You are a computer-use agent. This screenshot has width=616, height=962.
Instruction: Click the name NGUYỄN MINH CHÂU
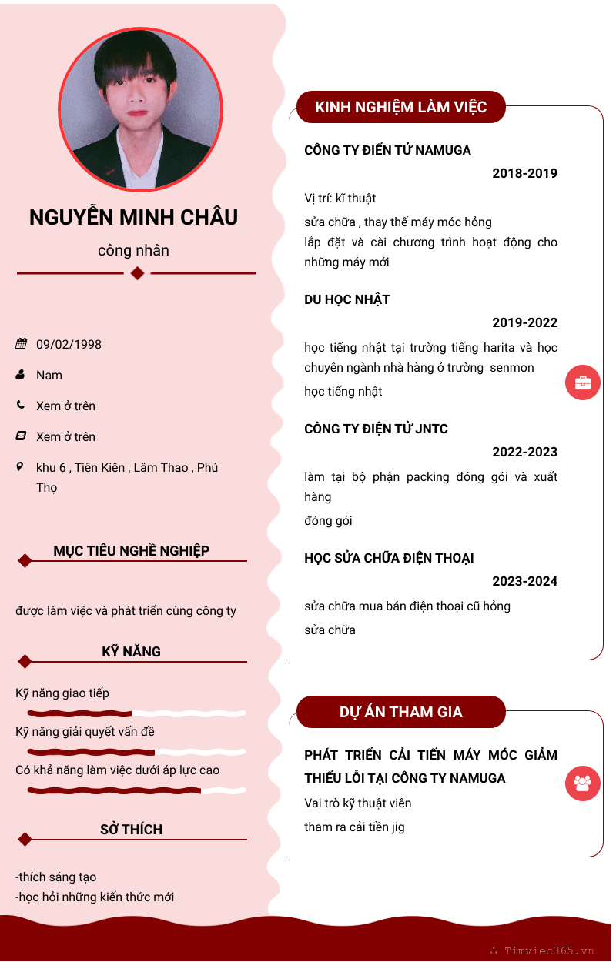coord(133,218)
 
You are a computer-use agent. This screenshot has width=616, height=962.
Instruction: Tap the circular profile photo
coord(140,109)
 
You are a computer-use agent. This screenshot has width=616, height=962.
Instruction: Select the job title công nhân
coord(133,251)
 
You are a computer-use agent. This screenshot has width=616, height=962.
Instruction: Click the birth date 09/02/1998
coord(69,344)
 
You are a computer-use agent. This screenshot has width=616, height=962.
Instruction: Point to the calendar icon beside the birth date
coord(21,344)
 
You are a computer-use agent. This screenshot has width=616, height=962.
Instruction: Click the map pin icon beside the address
coord(20,466)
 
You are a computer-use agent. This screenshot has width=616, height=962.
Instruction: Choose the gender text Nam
coord(49,375)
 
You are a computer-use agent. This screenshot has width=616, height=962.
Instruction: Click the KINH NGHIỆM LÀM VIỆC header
coord(401,107)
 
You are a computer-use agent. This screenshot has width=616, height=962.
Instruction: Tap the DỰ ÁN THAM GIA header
coord(401,712)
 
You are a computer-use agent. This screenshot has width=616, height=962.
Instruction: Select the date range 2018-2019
coord(524,173)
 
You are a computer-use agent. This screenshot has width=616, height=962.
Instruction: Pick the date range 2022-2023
coord(524,452)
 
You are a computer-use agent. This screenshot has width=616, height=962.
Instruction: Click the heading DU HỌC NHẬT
coord(347,299)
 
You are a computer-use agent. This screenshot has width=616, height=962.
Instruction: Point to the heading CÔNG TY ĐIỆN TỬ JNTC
coord(376,429)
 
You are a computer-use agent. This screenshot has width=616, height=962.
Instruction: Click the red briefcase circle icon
coord(583,382)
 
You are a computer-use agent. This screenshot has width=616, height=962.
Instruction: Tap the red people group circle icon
coord(583,784)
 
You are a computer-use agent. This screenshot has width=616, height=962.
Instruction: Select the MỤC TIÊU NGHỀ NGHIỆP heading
coord(132,551)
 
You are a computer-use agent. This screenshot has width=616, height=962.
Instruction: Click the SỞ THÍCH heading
coord(132,830)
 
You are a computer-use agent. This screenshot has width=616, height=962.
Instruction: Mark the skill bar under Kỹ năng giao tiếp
coord(136,713)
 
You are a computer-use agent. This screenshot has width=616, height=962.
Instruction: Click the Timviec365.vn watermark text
coord(549,950)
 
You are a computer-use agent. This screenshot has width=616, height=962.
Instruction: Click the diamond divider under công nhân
coord(137,273)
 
